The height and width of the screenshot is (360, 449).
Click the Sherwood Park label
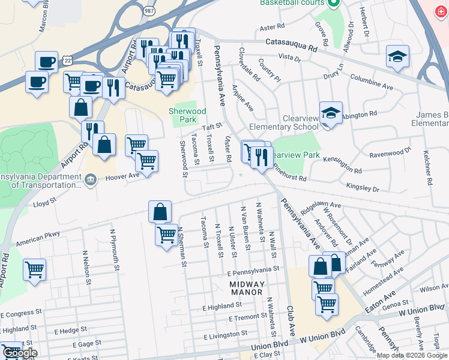click(187, 115)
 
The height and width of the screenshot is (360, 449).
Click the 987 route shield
click(149, 11)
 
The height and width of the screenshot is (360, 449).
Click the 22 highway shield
click(53, 61)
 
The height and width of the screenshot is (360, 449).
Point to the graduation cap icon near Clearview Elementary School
click(331, 113)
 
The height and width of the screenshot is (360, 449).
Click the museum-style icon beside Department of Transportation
click(90, 180)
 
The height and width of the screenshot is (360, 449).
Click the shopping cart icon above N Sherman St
click(166, 234)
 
